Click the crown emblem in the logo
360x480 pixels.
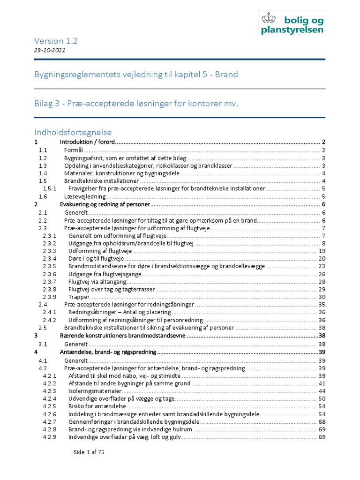pyautogui.click(x=269, y=19)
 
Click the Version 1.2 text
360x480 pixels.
pyautogui.click(x=56, y=41)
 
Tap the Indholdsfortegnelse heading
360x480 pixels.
pyautogui.click(x=73, y=132)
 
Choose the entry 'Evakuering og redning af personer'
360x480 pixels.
pyautogui.click(x=105, y=205)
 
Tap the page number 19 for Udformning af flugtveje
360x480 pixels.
pyautogui.click(x=322, y=251)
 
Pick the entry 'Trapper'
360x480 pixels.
pyautogui.click(x=79, y=297)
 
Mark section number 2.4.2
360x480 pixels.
pyautogui.click(x=49, y=320)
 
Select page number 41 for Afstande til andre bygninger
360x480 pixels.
pyautogui.click(x=322, y=383)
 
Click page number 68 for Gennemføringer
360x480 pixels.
pyautogui.click(x=322, y=422)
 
